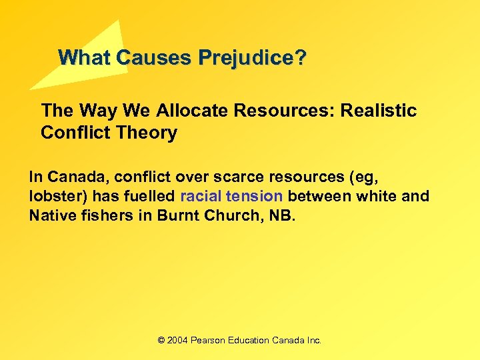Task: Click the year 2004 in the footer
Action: tap(177, 340)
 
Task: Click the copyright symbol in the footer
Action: tap(161, 340)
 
